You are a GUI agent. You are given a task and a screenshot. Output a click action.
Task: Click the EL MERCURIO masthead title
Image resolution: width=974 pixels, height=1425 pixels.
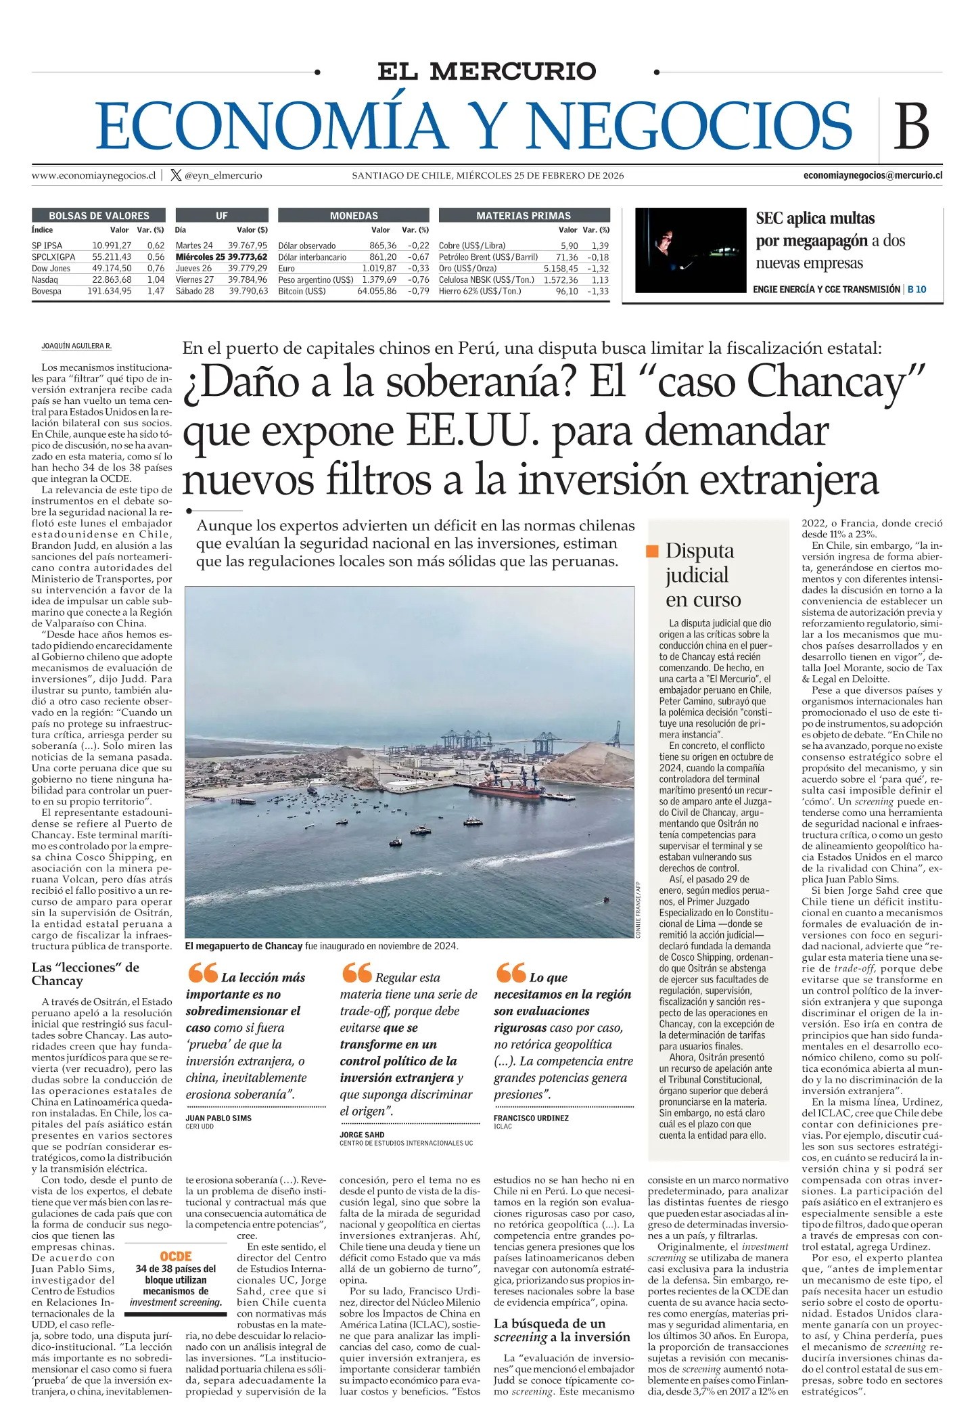pos(486,71)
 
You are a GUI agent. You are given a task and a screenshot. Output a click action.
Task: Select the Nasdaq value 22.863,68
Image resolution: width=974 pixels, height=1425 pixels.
pos(112,279)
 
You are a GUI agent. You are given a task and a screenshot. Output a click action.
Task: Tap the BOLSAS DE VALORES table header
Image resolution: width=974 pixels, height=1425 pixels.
pos(99,215)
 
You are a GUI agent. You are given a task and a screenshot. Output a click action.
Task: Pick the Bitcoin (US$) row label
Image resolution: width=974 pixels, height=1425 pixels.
pos(302,291)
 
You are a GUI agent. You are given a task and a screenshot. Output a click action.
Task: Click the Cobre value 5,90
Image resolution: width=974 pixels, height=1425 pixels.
pos(569,246)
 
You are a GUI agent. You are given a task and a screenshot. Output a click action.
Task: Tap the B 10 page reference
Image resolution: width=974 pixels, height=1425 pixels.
pos(917,289)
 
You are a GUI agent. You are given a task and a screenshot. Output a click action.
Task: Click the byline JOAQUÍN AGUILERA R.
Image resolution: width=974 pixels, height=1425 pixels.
pos(76,346)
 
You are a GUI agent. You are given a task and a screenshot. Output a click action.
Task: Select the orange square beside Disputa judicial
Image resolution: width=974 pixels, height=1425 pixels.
pos(653,551)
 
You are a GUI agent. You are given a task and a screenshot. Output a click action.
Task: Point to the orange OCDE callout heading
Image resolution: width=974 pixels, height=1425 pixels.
pos(176,1257)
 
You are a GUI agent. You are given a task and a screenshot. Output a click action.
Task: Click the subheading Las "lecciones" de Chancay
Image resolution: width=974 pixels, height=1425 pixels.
pos(85,974)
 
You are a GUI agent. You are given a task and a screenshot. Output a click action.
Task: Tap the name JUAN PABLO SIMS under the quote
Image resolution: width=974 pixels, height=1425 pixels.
pos(218,1118)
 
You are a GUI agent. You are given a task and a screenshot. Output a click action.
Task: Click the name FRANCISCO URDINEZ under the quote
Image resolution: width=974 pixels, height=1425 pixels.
pos(532,1118)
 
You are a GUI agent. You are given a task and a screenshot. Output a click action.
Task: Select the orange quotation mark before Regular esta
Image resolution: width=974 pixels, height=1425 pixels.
pos(356,974)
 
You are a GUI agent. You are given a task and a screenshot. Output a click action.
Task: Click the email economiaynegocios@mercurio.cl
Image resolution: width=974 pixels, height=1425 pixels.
pos(873,175)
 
